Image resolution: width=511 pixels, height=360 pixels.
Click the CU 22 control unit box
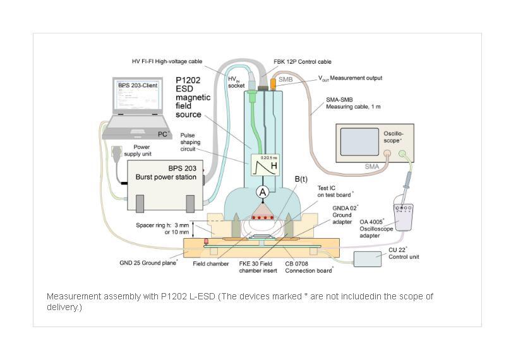pyautogui.click(x=372, y=259)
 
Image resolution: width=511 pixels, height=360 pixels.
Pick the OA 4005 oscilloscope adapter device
pyautogui.click(x=404, y=216)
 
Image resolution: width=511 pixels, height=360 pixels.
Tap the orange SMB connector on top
pyautogui.click(x=273, y=83)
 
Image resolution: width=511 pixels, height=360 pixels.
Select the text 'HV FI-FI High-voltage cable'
pyautogui.click(x=167, y=61)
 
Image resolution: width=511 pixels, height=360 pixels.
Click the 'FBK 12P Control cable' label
pyautogui.click(x=303, y=63)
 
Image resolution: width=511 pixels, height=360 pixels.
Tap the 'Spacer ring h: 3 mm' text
pyautogui.click(x=162, y=225)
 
